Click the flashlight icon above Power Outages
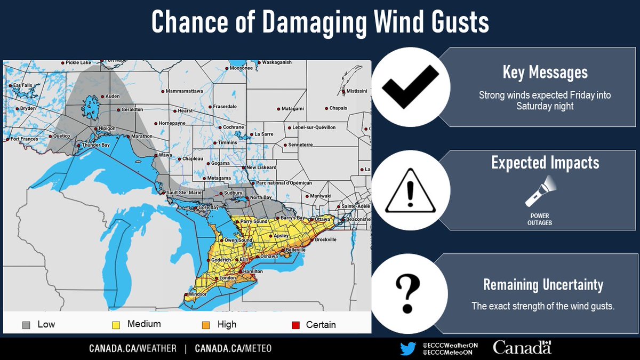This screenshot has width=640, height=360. pos(540,193)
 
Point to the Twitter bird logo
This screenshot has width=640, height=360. pos(408,348)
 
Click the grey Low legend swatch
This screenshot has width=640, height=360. pos(26,324)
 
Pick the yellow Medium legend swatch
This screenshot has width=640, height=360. pos(115,324)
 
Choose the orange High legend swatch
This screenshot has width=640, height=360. pos(206,324)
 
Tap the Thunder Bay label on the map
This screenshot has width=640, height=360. pos(95,146)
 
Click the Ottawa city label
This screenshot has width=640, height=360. pos(322,219)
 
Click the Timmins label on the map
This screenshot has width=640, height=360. pos(228,143)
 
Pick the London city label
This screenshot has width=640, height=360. pos(227,278)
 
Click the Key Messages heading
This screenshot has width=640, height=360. pos(545,73)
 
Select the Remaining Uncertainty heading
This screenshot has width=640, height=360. pos(543,285)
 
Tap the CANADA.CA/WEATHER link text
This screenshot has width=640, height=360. pos(132,348)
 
